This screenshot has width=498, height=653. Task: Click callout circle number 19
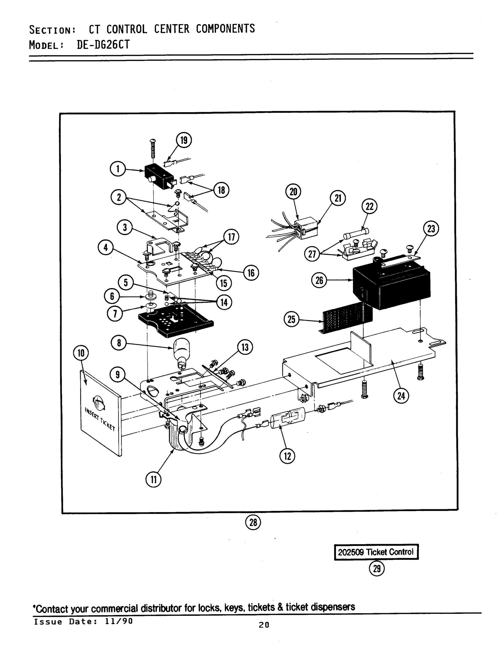coord(184,140)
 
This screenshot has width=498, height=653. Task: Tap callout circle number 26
coord(319,280)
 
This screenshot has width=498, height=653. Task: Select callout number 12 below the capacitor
coord(287,456)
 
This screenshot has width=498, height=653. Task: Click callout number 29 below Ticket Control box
coord(377,568)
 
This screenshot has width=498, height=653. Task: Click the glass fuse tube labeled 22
coord(356,234)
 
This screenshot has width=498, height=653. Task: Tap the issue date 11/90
coord(118,621)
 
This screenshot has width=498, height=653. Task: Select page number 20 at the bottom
coord(264,625)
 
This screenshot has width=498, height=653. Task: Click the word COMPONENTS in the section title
coord(225,29)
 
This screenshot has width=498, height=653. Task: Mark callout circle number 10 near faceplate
coord(81,353)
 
